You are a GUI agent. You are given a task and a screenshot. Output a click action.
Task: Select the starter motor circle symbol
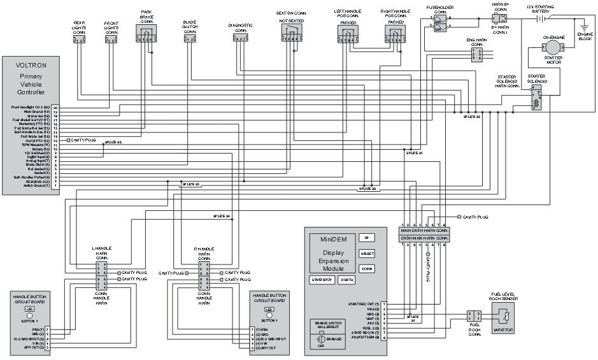pos(554,49)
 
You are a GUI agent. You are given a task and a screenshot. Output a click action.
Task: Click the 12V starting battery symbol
pos(541,19)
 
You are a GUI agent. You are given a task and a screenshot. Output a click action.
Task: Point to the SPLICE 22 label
pos(471,117)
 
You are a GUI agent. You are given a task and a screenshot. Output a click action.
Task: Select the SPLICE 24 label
pos(221,216)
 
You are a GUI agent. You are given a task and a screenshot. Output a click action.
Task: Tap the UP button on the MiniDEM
pos(366,238)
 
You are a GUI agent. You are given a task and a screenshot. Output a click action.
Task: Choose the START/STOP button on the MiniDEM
pos(322,280)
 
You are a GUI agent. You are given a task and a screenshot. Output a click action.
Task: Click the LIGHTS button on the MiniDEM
pos(347,280)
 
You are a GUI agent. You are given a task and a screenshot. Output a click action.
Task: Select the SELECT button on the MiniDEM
pos(367,253)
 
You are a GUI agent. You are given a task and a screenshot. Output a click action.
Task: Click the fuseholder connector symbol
pos(440,24)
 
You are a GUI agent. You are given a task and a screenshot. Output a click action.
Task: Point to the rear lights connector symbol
pos(80,40)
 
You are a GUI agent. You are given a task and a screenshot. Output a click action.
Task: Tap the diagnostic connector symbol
pos(240,40)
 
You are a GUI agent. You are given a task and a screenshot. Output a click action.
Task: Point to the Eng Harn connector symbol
pos(476,55)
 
